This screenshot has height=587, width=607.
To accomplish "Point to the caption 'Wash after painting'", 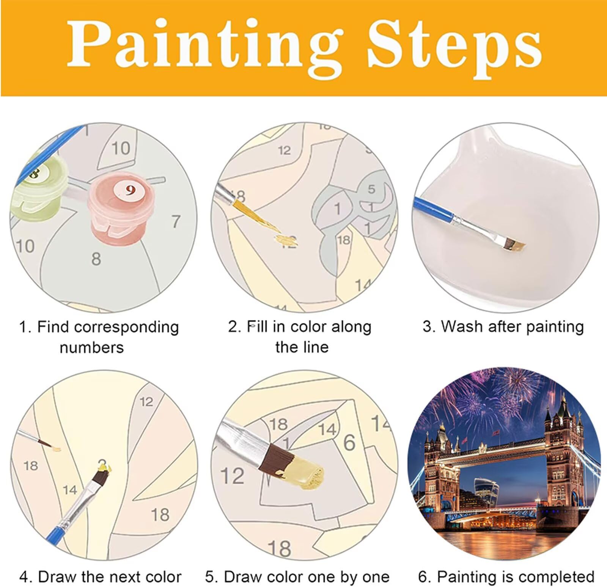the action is [503, 326].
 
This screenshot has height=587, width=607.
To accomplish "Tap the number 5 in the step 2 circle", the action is [371, 189].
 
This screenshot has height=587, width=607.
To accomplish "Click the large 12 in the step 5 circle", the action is [232, 476].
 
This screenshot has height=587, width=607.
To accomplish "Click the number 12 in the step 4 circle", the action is [146, 402].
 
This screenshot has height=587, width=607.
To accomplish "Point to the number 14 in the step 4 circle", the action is [70, 490].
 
